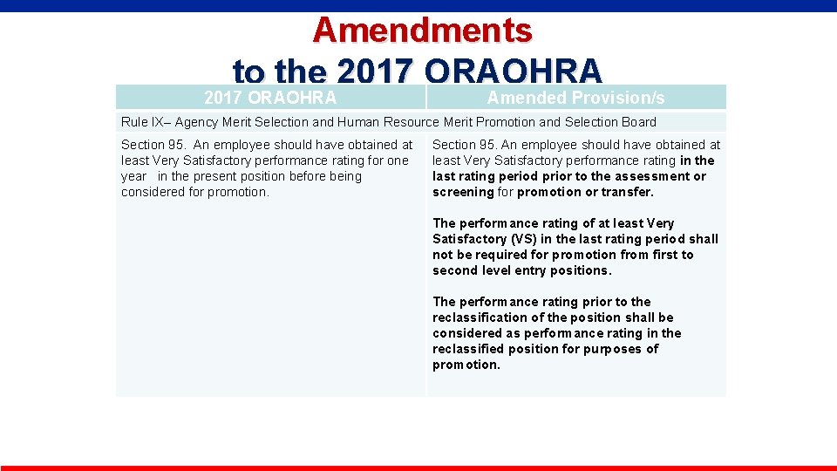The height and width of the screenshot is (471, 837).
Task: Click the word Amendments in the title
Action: pos(422,31)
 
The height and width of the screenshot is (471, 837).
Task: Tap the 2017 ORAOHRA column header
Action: pos(270,98)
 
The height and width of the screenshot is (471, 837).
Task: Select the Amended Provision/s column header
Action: pos(575,98)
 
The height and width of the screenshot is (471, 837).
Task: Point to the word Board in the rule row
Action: pos(638,122)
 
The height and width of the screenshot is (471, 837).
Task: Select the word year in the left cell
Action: pos(133,176)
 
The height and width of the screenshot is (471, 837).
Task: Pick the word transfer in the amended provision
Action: pos(627,192)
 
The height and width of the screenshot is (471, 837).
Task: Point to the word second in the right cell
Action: pos(454,270)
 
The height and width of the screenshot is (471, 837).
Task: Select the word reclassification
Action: pos(480,317)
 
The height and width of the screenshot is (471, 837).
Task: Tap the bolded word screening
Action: pos(463,192)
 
